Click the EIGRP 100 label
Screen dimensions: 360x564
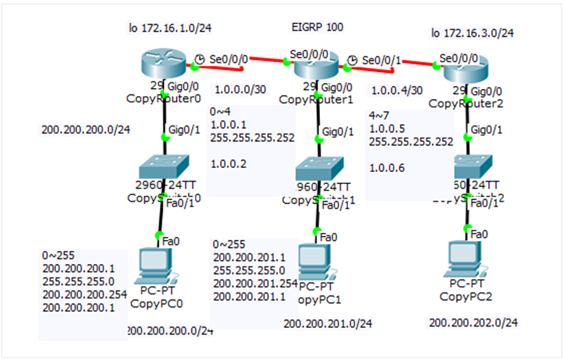coord(318,27)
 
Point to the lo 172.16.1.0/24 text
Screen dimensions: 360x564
coord(169,28)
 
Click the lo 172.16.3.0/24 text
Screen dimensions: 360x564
coord(473,33)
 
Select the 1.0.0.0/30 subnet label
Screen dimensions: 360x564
coord(238,91)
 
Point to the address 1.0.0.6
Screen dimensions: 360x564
coord(386,169)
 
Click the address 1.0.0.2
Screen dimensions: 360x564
coord(228,163)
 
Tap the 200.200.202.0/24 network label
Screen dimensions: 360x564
coord(474,322)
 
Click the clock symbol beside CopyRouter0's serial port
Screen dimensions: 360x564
coord(200,58)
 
